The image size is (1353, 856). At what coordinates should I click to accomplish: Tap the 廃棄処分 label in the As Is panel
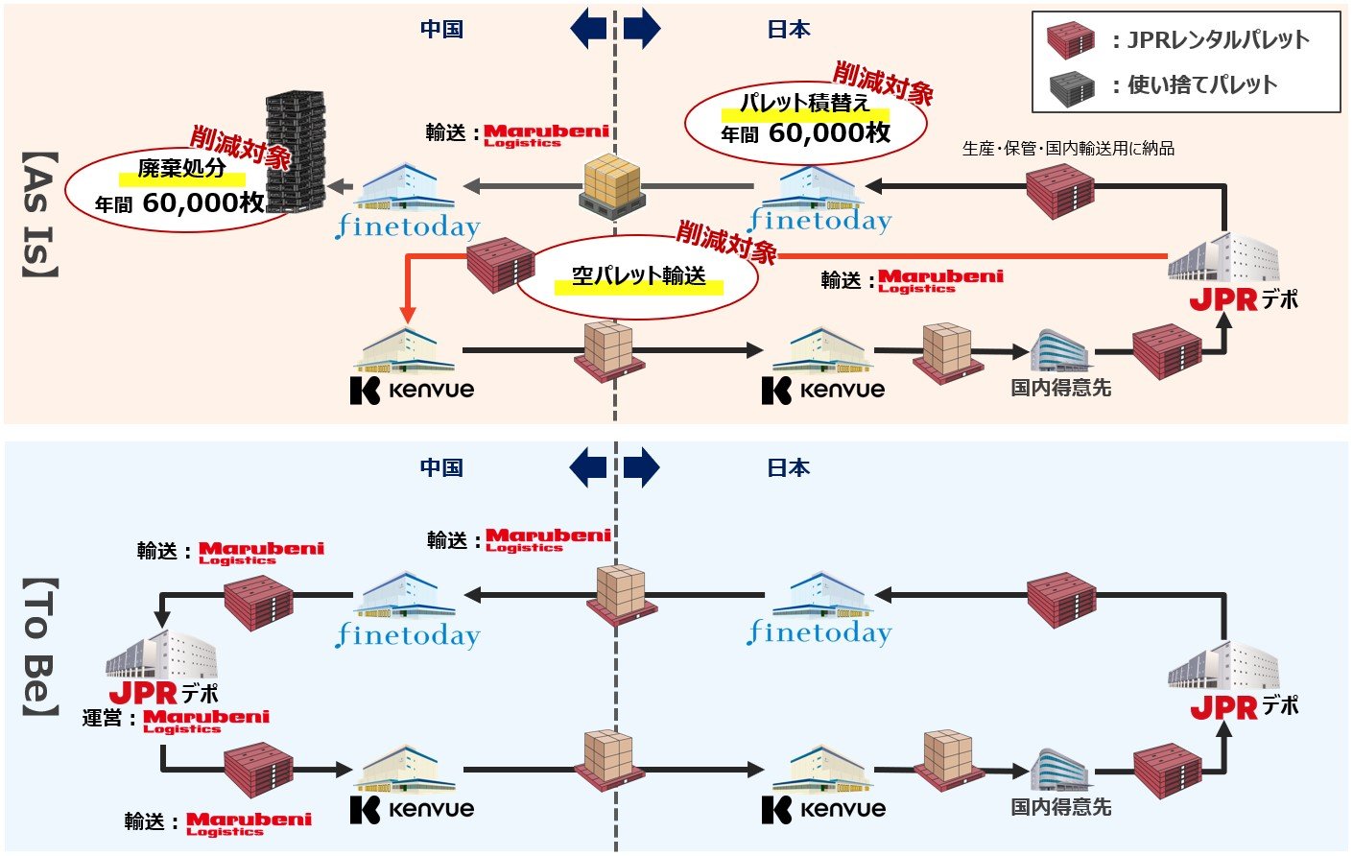[x=181, y=169]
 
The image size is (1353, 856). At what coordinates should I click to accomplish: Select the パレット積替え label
[x=804, y=103]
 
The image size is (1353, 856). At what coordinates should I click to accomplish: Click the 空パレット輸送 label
[x=638, y=276]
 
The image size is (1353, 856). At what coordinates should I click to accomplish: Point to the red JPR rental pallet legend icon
[x=1071, y=40]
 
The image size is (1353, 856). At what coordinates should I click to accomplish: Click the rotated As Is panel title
[x=39, y=215]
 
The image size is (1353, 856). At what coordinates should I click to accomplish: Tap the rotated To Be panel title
[x=40, y=647]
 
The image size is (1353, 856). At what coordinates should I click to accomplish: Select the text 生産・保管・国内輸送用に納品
[x=1068, y=149]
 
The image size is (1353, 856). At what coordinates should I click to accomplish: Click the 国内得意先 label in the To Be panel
[x=1061, y=807]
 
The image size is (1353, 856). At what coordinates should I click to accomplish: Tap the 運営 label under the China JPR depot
[x=102, y=718]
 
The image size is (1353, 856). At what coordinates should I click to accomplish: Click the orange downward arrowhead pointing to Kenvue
[x=408, y=315]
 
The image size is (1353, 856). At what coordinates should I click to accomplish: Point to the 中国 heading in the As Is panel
[x=441, y=29]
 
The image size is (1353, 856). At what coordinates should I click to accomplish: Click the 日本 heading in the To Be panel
[x=788, y=467]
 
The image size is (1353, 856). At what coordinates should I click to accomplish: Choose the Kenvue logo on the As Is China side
[x=412, y=390]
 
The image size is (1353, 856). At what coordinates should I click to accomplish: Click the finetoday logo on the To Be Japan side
[x=819, y=633]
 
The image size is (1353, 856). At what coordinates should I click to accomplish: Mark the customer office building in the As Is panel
[x=1060, y=350]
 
